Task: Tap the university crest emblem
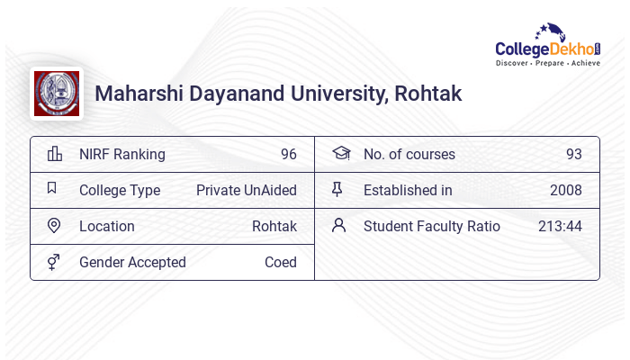57,94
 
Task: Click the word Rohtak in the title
427,94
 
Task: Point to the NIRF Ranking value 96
288,154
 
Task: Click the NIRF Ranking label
122,154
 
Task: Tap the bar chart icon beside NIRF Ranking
54,154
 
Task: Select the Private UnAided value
247,190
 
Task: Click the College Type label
120,190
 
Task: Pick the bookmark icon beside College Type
52,189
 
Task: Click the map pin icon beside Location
54,226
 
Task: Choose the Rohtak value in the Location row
274,226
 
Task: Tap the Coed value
281,262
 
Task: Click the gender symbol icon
54,262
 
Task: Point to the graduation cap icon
339,154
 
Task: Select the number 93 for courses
573,154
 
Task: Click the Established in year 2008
566,190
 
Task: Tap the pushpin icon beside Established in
338,190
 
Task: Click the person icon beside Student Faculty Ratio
338,226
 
